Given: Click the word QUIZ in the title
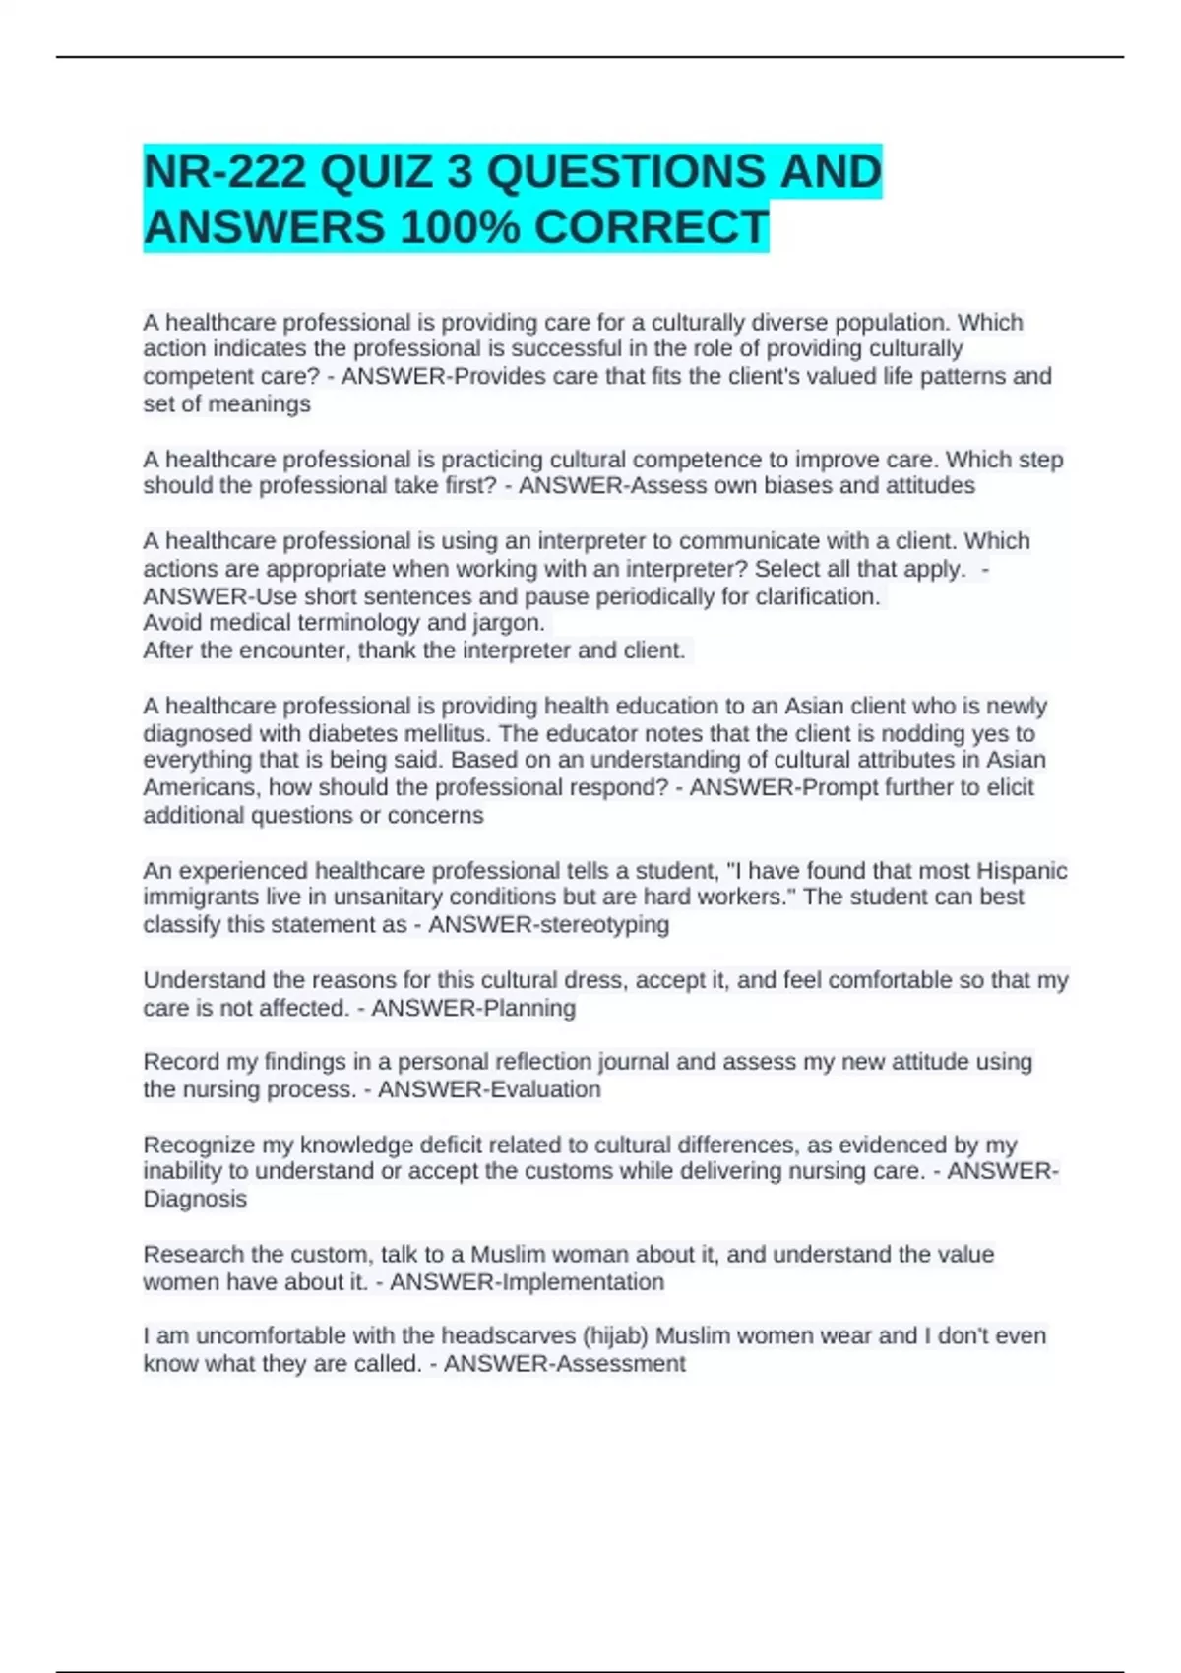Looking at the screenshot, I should tap(376, 172).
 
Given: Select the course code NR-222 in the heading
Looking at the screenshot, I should tap(225, 172).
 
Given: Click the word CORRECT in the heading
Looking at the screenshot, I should tap(651, 227).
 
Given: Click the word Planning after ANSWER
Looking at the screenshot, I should tap(528, 1008).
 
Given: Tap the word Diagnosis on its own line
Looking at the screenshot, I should tap(195, 1199).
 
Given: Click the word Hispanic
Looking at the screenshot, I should tap(1022, 871).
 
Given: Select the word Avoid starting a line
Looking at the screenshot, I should tap(173, 623).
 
